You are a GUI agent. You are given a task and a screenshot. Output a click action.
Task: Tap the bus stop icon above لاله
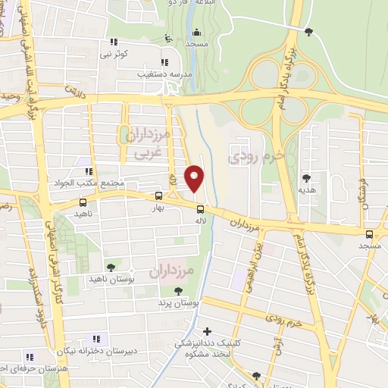(x=200, y=209)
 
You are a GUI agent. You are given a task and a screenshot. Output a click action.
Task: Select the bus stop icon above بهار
(x=158, y=195)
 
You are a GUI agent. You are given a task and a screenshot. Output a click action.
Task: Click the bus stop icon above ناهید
(x=83, y=202)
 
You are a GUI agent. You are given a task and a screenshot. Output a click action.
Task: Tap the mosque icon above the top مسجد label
(x=197, y=33)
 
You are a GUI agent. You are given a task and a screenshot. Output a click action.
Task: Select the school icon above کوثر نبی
(x=114, y=42)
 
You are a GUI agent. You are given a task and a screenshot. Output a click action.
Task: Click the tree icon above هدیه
(x=307, y=178)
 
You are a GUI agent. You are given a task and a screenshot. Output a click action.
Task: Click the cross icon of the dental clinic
(x=208, y=332)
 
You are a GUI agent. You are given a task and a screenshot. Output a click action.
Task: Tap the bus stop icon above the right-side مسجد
(x=369, y=234)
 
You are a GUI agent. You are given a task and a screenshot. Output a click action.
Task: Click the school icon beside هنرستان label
(x=31, y=356)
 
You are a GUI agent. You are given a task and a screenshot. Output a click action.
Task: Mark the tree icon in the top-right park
(x=308, y=31)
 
